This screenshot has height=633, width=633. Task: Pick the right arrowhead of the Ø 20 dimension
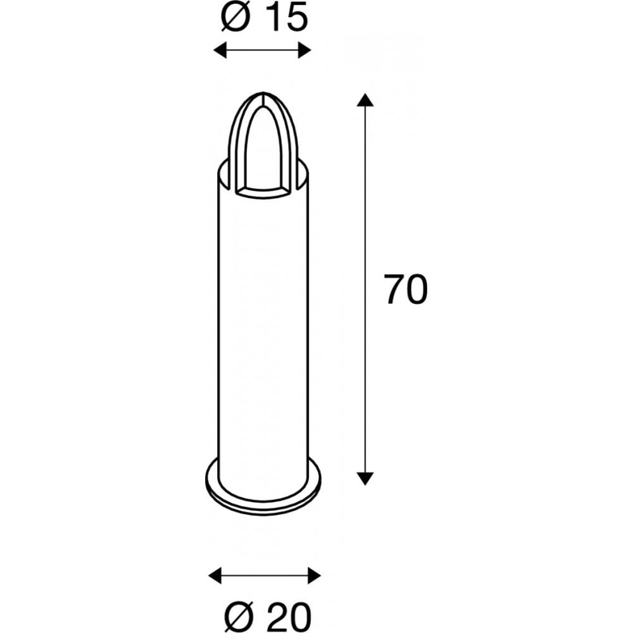[x=314, y=575]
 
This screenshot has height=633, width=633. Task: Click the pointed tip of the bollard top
[x=262, y=95]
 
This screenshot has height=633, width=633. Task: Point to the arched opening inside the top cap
[x=263, y=152]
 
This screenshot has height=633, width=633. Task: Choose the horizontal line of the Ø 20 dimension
[x=265, y=575]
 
